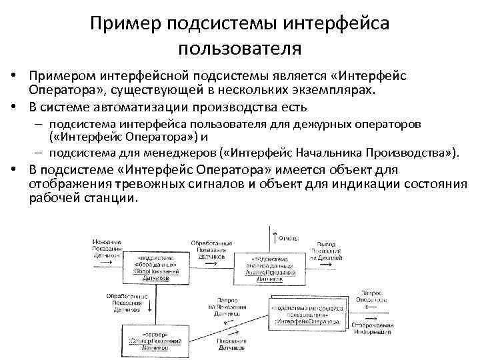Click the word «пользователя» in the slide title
pyautogui.click(x=240, y=49)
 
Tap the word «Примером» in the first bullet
pyautogui.click(x=62, y=77)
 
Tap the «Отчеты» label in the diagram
pyautogui.click(x=291, y=238)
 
